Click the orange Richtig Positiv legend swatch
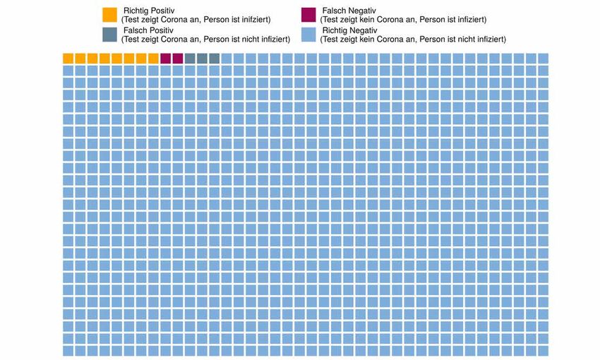[x=109, y=15]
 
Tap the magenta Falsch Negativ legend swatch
[x=308, y=15]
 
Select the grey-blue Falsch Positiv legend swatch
[x=109, y=35]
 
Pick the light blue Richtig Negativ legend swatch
[x=308, y=35]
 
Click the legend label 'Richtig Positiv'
[x=148, y=11]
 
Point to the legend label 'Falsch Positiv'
[x=148, y=30]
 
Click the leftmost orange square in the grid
[x=68, y=58]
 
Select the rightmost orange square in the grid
[x=154, y=58]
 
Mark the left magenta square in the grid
[x=166, y=58]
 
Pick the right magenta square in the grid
[x=178, y=58]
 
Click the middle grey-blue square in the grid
[x=203, y=58]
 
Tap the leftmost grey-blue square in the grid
[x=190, y=58]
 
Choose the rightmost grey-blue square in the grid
[x=215, y=58]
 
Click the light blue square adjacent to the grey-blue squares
[x=227, y=58]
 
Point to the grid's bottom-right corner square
[x=543, y=351]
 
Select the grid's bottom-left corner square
[x=68, y=351]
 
